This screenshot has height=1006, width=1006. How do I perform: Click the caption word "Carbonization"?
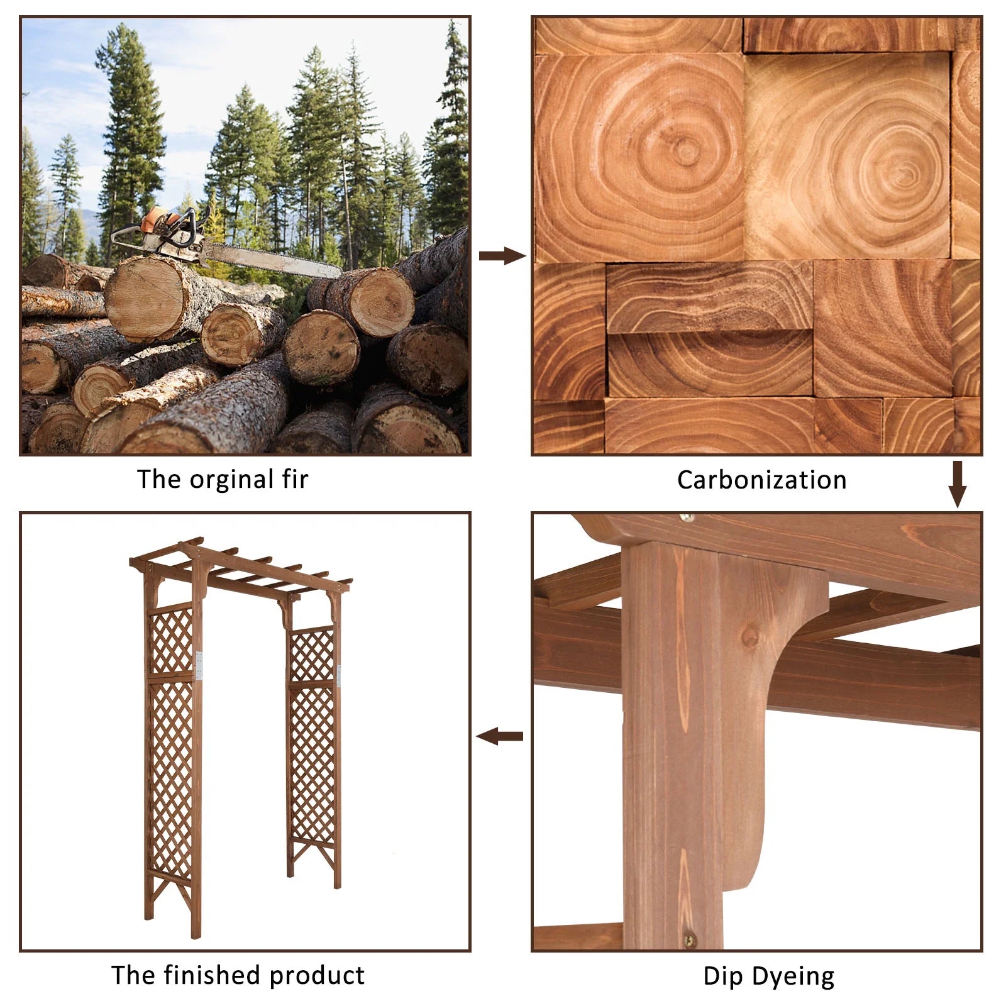click(761, 480)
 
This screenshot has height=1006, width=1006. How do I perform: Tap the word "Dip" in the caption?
click(722, 976)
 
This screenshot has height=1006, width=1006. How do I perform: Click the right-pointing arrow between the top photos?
click(502, 256)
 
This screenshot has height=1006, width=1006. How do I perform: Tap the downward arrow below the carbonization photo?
click(957, 484)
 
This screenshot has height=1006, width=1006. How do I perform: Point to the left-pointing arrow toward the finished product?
click(499, 736)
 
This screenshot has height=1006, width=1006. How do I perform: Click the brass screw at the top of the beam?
click(687, 518)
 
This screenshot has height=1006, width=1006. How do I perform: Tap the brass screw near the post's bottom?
click(690, 940)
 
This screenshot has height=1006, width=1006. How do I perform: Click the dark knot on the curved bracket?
click(749, 637)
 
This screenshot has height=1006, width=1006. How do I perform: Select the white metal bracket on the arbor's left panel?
click(199, 666)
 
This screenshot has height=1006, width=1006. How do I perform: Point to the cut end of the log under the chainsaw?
click(145, 299)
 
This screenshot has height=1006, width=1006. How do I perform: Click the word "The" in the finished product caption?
click(133, 975)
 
